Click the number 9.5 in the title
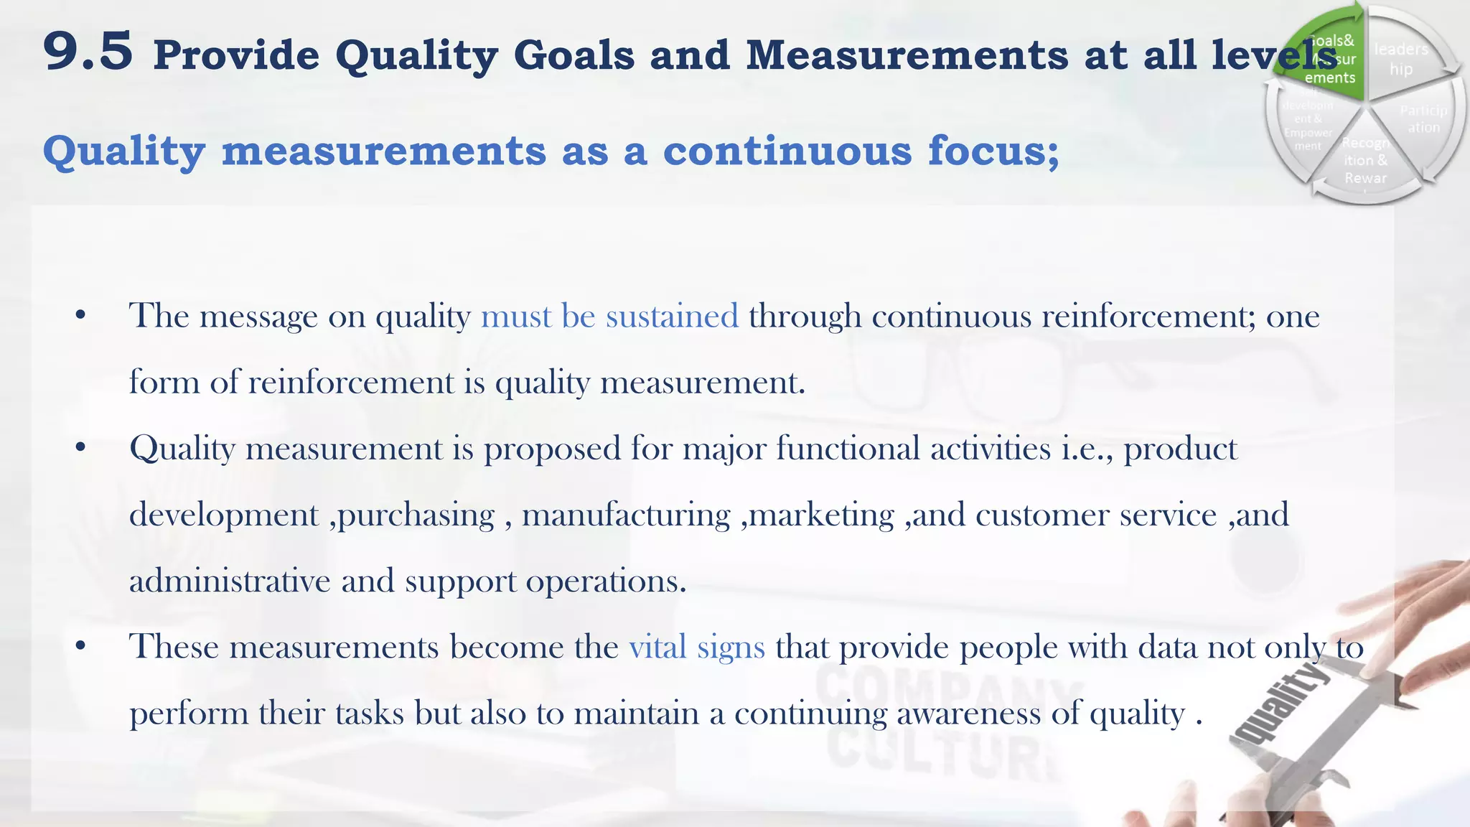click(x=88, y=52)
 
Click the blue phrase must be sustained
click(x=609, y=316)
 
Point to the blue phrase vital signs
click(x=697, y=647)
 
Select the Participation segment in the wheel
click(x=1422, y=119)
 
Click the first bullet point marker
click(x=80, y=316)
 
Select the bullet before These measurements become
click(x=80, y=647)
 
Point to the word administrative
click(x=230, y=581)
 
